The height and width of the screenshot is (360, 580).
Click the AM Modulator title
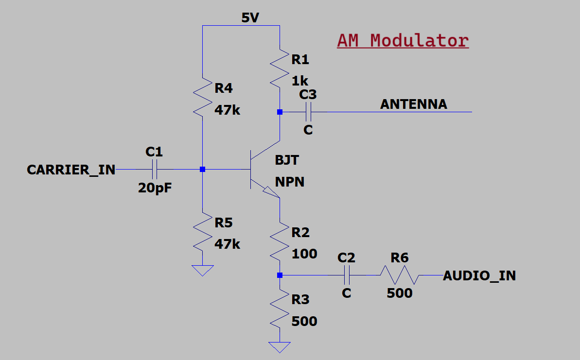403,40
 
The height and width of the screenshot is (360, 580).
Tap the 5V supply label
250,18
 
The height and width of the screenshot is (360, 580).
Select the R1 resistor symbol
280,68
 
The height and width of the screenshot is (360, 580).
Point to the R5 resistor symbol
202,231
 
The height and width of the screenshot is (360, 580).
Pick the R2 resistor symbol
280,241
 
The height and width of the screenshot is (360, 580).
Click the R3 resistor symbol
280,309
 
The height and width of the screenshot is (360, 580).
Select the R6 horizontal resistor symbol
399,275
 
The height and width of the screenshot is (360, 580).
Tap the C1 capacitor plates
154,170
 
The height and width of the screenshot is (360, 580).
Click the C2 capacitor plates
347,275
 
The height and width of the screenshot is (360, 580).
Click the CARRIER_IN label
71,170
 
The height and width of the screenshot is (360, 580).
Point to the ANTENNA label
413,104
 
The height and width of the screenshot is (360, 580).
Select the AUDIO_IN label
479,276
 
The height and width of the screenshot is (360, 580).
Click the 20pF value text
155,189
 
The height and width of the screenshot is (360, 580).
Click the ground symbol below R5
202,270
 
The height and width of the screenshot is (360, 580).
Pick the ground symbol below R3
280,347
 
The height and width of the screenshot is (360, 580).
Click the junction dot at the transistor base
202,170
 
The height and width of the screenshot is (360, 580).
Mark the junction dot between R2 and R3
280,275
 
